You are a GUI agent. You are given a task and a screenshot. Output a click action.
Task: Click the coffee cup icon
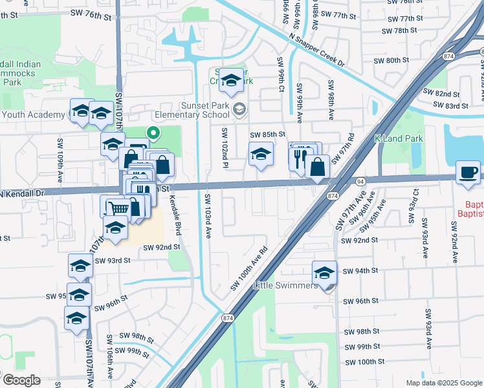(x=468, y=172)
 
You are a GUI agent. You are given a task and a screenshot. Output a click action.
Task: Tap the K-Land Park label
(x=399, y=139)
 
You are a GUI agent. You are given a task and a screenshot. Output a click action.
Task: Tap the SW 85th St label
(x=268, y=135)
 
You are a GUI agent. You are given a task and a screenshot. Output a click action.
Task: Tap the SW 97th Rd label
(x=344, y=151)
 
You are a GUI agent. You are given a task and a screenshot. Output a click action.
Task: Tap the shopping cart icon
(x=118, y=208)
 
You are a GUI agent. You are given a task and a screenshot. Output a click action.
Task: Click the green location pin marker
(x=153, y=134)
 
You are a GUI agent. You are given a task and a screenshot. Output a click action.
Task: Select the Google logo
(x=21, y=380)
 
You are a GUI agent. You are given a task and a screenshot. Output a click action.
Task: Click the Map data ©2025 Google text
(x=443, y=383)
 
